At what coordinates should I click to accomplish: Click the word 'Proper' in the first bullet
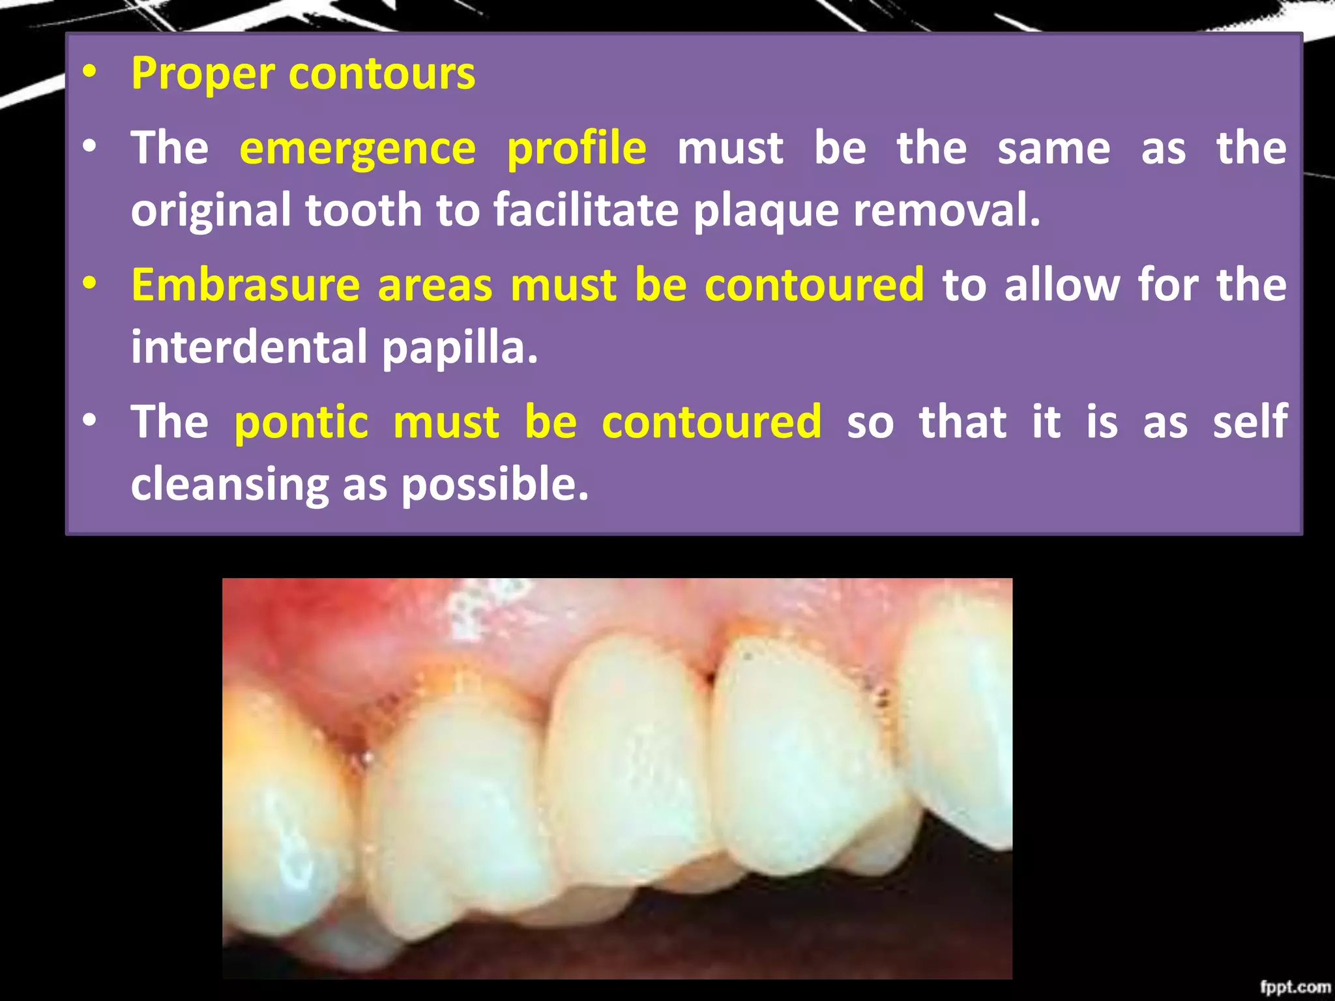203,74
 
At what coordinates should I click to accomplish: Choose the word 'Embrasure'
245,285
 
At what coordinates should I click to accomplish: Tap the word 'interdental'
249,347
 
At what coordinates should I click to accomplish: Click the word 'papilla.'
460,348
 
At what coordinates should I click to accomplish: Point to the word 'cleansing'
230,485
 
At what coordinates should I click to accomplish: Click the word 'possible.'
495,485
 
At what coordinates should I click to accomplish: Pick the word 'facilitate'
586,211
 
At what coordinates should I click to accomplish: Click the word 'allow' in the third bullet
1062,285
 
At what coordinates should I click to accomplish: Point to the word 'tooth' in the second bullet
364,211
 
